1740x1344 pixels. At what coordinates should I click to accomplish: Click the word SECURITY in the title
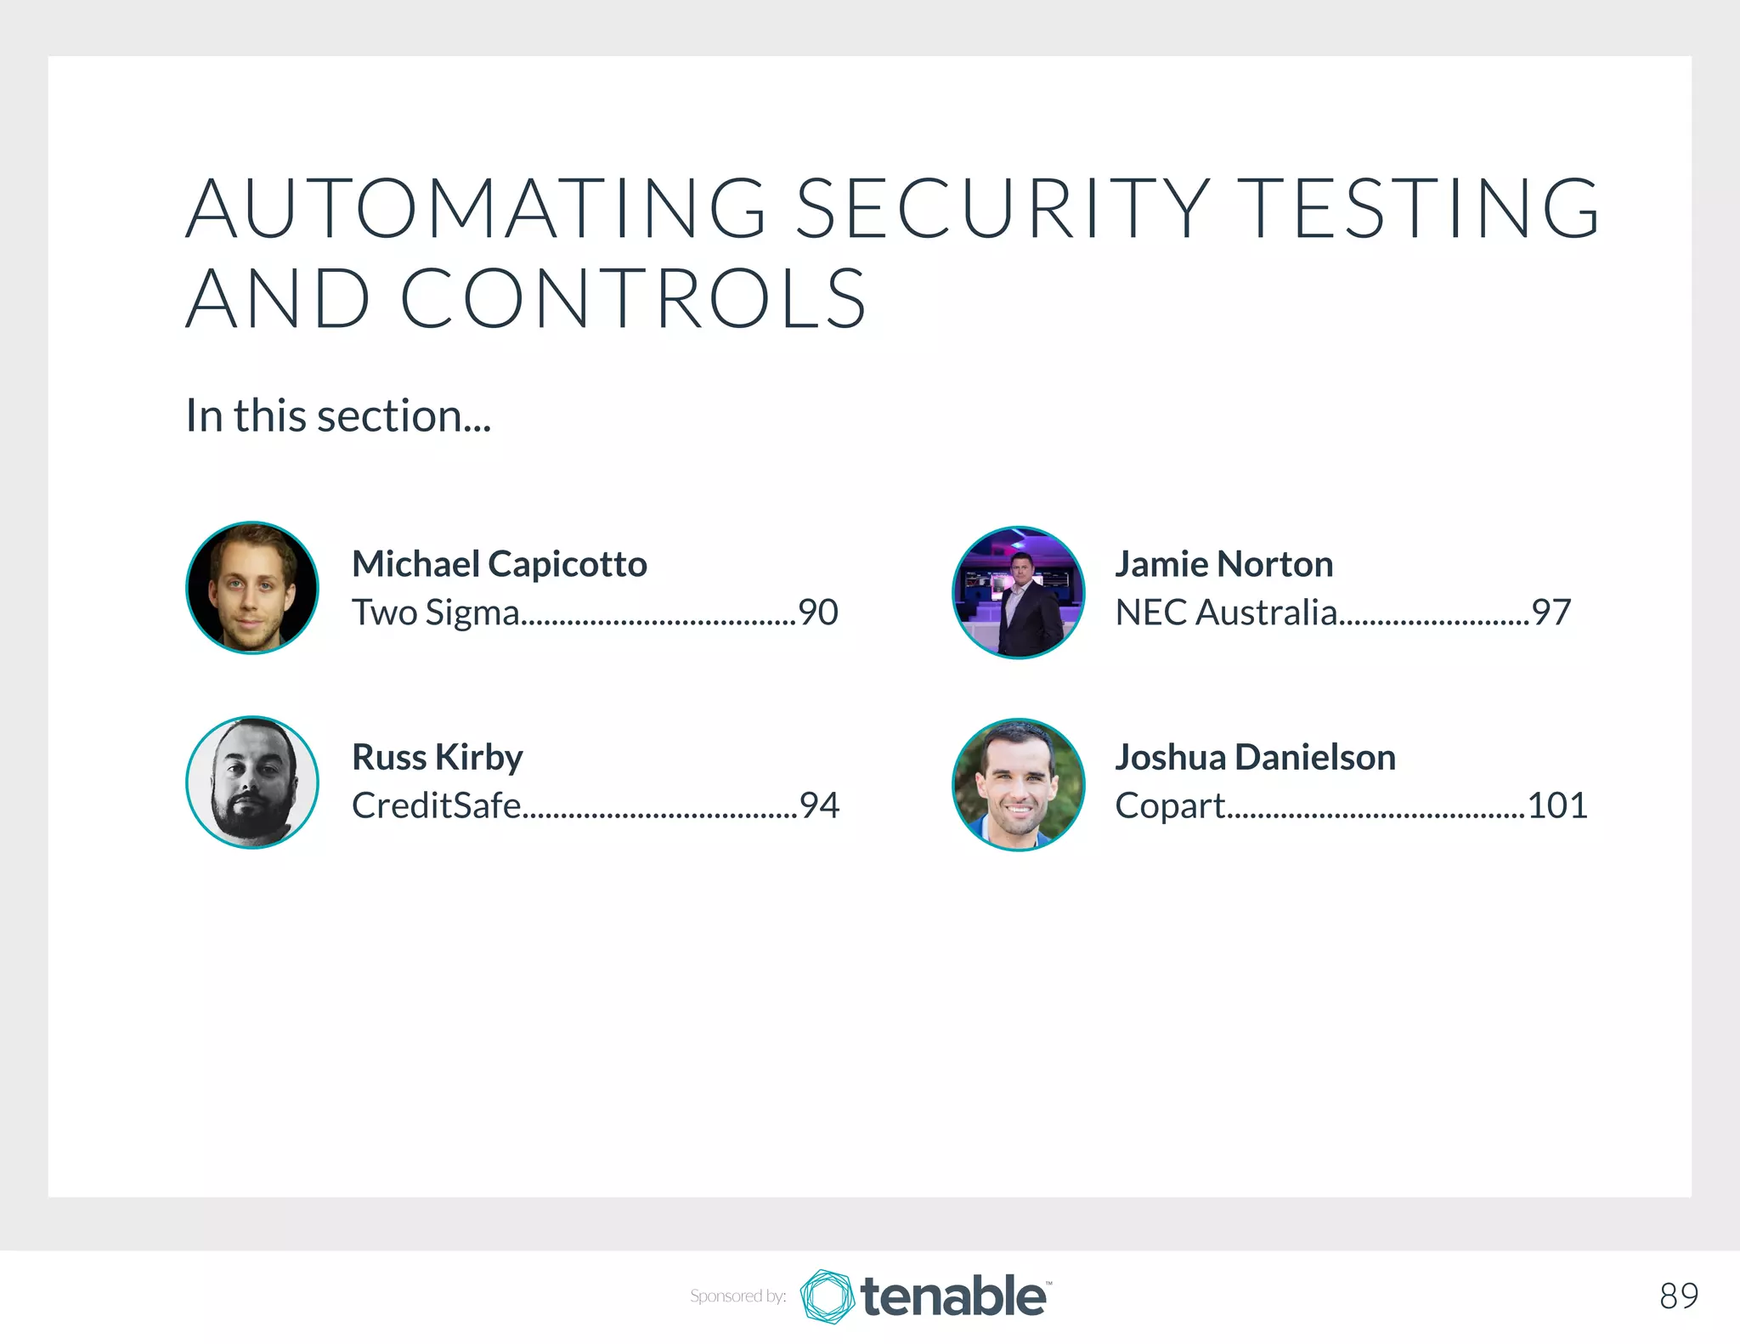(x=1003, y=208)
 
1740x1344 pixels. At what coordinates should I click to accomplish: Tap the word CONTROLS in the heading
(x=633, y=298)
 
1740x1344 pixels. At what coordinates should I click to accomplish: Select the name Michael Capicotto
(x=500, y=564)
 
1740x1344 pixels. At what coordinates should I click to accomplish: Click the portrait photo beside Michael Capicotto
(x=252, y=588)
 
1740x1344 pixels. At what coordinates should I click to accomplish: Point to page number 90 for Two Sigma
(x=818, y=613)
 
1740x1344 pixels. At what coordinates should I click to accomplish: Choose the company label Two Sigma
(x=436, y=613)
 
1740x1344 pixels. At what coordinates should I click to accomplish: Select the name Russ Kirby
(x=438, y=757)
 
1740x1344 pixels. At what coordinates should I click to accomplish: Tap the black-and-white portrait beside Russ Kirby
(x=252, y=782)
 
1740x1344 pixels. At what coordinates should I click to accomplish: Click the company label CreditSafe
(x=436, y=805)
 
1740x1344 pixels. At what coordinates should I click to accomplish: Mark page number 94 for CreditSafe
(x=819, y=805)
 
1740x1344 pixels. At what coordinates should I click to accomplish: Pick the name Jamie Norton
(x=1224, y=564)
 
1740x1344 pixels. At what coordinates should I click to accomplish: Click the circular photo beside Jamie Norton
(x=1019, y=592)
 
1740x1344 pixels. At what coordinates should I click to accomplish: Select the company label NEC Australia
(x=1226, y=613)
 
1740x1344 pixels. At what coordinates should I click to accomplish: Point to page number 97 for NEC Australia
(x=1551, y=613)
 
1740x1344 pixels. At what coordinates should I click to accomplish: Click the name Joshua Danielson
(x=1255, y=757)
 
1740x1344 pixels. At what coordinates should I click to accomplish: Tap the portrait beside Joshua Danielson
(x=1019, y=785)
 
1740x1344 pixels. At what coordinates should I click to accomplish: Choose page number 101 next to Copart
(x=1557, y=805)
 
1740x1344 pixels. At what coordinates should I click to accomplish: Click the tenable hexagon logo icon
(x=827, y=1296)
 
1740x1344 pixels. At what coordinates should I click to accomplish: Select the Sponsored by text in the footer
(x=737, y=1296)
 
